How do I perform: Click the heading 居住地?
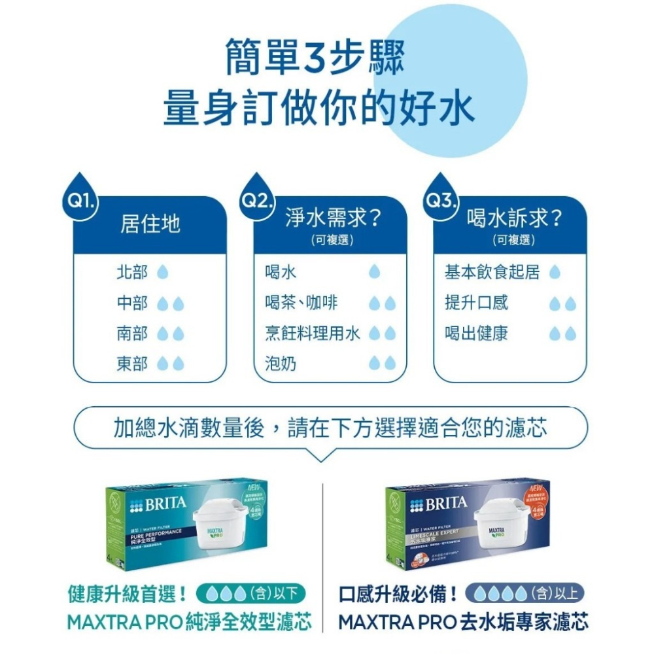click(x=150, y=224)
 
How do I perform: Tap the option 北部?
click(x=132, y=272)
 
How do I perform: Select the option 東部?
click(x=132, y=364)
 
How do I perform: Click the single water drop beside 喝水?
click(x=374, y=272)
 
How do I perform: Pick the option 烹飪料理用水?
click(x=312, y=334)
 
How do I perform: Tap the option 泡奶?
click(x=281, y=364)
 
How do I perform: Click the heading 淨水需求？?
click(x=334, y=218)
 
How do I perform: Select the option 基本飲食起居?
click(x=492, y=272)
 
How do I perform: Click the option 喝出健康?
click(x=476, y=334)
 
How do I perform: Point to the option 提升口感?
click(x=476, y=303)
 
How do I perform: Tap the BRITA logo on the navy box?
click(x=438, y=504)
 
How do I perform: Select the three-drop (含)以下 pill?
click(x=250, y=594)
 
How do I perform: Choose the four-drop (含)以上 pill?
click(x=523, y=594)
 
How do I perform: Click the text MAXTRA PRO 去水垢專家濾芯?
click(x=463, y=621)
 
